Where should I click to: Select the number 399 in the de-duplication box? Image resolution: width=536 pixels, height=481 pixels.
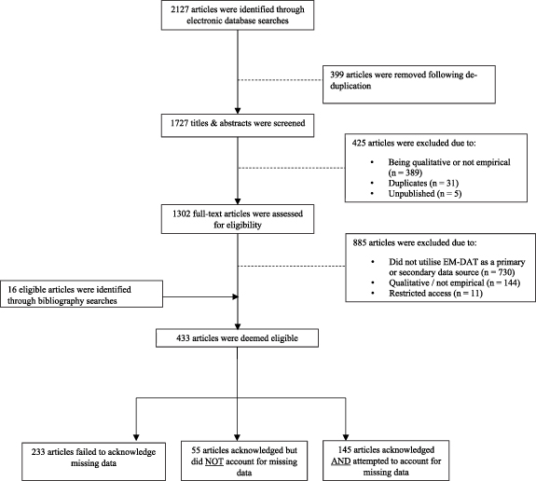[337, 75]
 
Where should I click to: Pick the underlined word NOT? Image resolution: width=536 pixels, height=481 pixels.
[214, 461]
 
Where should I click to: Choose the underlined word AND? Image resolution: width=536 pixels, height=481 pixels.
[341, 461]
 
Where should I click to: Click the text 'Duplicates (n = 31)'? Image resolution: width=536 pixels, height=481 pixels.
[423, 184]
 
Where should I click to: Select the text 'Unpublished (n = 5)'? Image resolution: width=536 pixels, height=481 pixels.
[425, 194]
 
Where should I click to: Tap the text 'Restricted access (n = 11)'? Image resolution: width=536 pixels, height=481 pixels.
[435, 294]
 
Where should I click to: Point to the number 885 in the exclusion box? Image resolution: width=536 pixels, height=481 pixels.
[360, 242]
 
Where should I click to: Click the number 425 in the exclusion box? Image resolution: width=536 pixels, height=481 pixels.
[359, 143]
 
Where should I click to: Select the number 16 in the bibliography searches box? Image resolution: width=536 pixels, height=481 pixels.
[12, 290]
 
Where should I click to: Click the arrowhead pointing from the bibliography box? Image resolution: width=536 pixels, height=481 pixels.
[235, 296]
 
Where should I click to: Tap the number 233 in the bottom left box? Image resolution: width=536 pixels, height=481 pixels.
[38, 452]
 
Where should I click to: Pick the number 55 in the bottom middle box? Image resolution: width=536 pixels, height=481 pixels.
[196, 450]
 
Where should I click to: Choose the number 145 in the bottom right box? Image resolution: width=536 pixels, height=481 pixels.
[345, 450]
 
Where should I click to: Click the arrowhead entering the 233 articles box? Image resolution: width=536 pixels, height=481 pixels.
[136, 437]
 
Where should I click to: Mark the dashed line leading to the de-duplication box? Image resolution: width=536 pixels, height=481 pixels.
[281, 80]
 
